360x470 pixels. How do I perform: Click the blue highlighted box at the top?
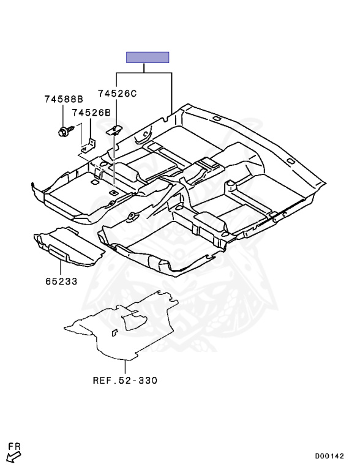[x=148, y=58]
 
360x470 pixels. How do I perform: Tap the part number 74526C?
[x=117, y=94]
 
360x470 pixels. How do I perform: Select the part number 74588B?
[x=64, y=99]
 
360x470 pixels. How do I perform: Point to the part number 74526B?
[x=91, y=113]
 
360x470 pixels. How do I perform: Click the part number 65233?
[x=61, y=281]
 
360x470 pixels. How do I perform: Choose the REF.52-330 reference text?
[x=125, y=381]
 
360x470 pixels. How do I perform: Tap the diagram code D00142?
[x=329, y=456]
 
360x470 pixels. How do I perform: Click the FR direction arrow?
[x=13, y=457]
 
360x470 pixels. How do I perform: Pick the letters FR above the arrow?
[x=14, y=446]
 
